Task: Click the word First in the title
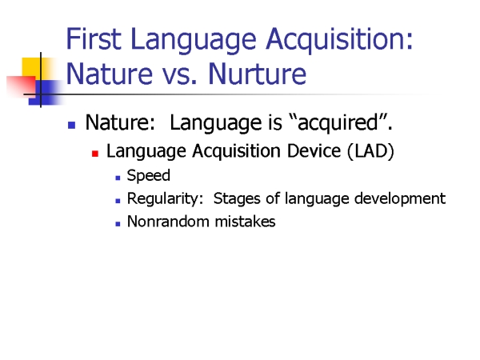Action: (x=94, y=38)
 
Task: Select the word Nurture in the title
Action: (x=257, y=74)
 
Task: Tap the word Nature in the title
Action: (x=110, y=74)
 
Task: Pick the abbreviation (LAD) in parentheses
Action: (x=370, y=151)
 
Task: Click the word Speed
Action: (x=149, y=176)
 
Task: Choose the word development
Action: (x=400, y=198)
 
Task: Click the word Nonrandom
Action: (x=168, y=222)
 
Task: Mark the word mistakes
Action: (x=246, y=222)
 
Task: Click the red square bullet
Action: (x=95, y=154)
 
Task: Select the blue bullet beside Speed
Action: (x=118, y=178)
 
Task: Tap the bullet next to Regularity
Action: (x=118, y=201)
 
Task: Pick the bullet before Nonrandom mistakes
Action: (x=118, y=224)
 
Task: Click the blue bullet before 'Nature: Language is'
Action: (x=72, y=125)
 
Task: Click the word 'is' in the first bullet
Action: (x=275, y=122)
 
